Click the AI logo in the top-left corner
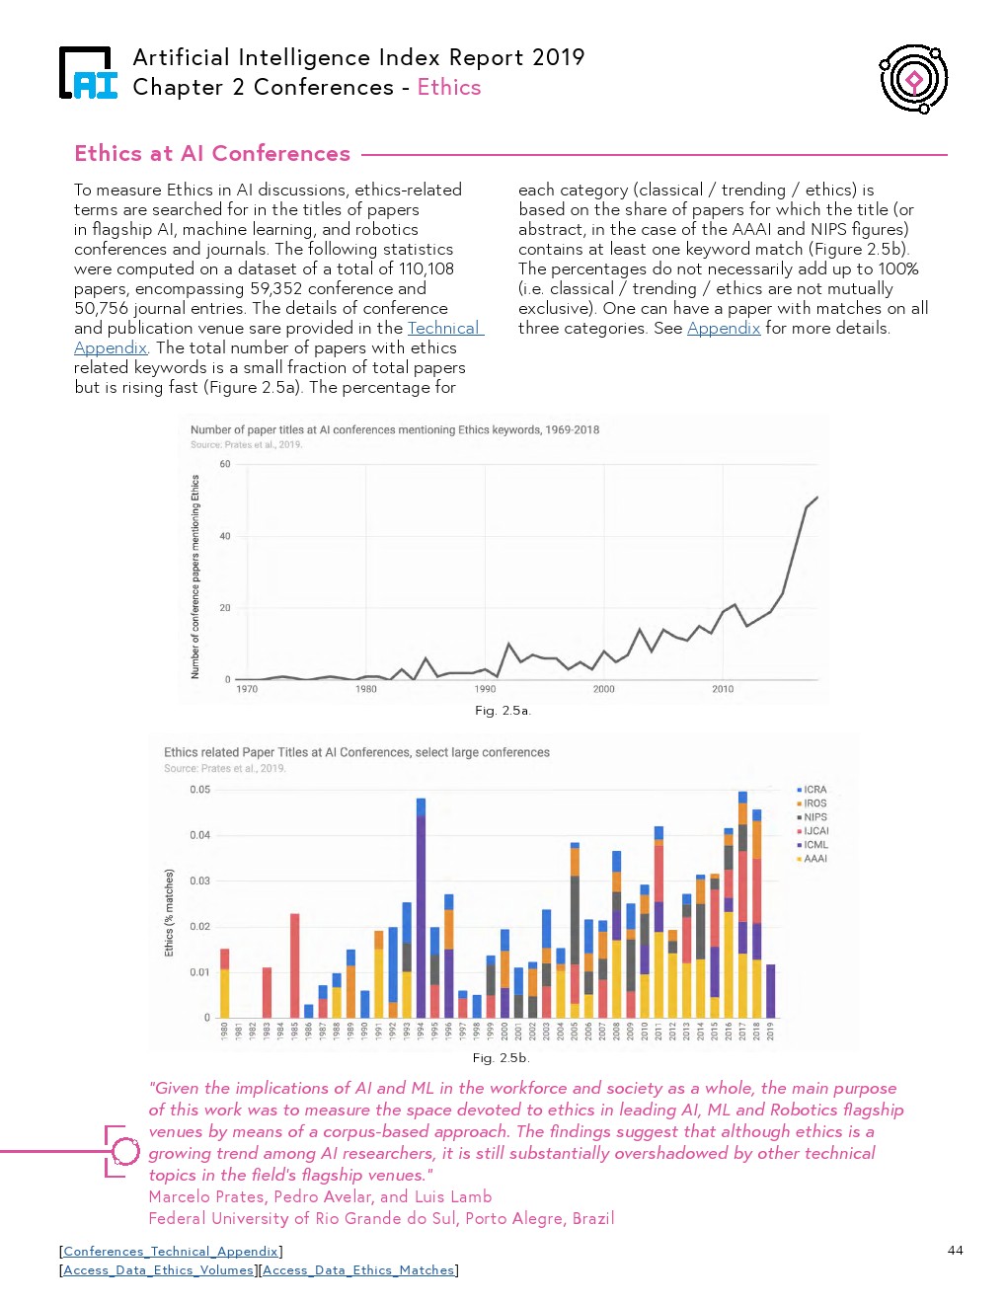88,74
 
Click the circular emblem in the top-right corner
913,79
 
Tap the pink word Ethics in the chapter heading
449,88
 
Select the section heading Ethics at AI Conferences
212,154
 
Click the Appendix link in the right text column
724,329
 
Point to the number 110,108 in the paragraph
426,268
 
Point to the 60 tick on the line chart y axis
225,464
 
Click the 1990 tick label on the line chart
485,689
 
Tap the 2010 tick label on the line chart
723,689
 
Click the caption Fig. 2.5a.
503,711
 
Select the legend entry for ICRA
813,790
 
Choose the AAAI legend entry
813,859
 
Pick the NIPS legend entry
813,817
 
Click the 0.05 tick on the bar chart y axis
199,790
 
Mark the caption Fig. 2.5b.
501,1058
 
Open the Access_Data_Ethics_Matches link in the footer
358,1270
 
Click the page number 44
955,1251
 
